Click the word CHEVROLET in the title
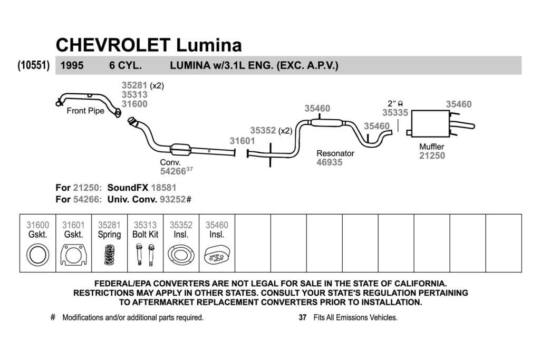pyautogui.click(x=113, y=45)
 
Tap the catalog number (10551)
pyautogui.click(x=33, y=65)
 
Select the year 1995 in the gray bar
pyautogui.click(x=72, y=65)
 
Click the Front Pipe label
pyautogui.click(x=85, y=111)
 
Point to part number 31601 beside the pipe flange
pyautogui.click(x=243, y=141)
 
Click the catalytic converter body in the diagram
pyautogui.click(x=180, y=150)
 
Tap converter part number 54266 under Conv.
pyautogui.click(x=173, y=171)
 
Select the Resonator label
pyautogui.click(x=335, y=153)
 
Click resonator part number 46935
pyautogui.click(x=329, y=162)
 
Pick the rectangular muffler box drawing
pyautogui.click(x=430, y=123)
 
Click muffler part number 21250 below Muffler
pyautogui.click(x=432, y=155)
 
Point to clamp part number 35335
pyautogui.click(x=395, y=113)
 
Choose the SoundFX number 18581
pyautogui.click(x=163, y=188)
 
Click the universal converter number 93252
pyautogui.click(x=173, y=199)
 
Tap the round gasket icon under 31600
pyautogui.click(x=37, y=255)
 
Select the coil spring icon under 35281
pyautogui.click(x=110, y=255)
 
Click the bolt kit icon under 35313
pyautogui.click(x=146, y=255)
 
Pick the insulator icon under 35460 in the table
pyautogui.click(x=217, y=255)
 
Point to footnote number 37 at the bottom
pyautogui.click(x=302, y=317)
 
